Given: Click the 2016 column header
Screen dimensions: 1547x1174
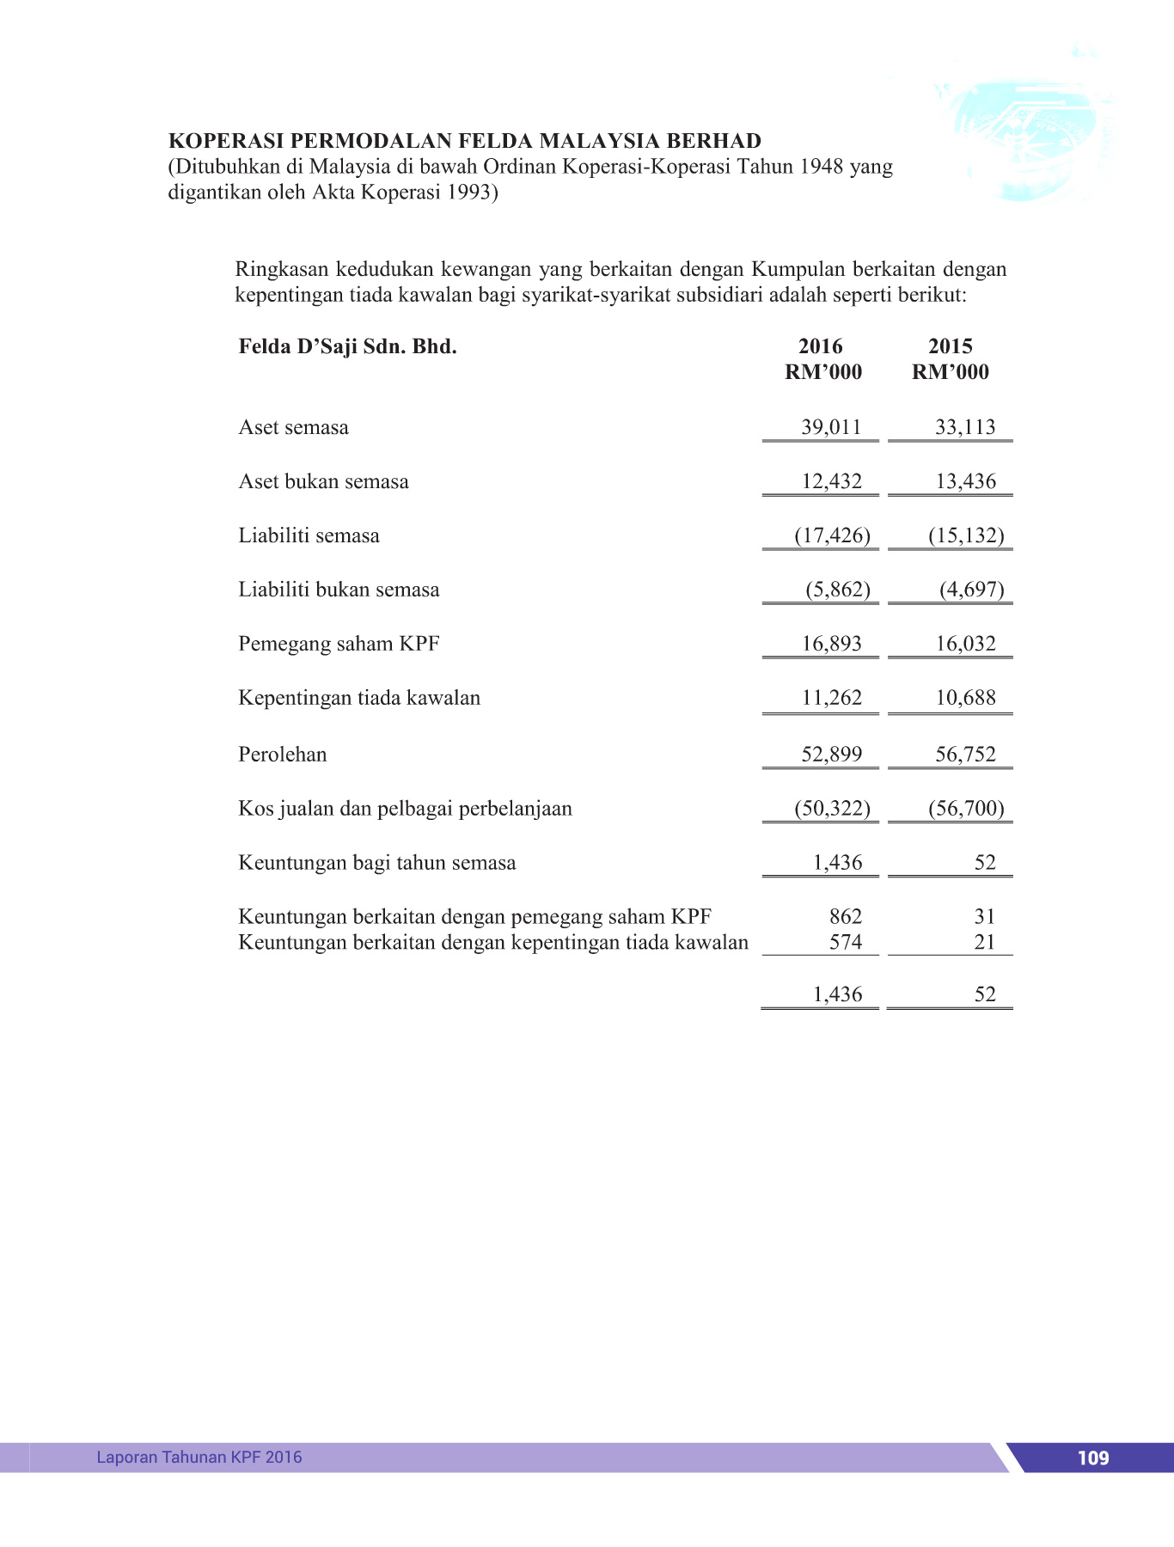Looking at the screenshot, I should (x=821, y=346).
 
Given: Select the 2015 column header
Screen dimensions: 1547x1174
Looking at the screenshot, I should (x=950, y=346).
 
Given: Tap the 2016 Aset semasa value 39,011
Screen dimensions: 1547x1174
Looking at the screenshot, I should (x=831, y=427).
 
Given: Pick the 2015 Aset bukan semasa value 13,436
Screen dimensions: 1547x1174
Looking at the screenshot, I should (x=965, y=481).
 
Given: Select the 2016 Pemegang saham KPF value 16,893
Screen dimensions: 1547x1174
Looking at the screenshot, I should (x=831, y=644).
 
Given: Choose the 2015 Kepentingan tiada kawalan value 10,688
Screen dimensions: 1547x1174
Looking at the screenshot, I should (x=965, y=698).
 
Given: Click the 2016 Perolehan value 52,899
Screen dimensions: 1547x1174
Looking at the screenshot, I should (x=831, y=755).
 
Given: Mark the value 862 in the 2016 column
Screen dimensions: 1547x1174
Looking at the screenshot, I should (x=845, y=917).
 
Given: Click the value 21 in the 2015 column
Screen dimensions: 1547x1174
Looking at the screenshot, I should (x=985, y=943).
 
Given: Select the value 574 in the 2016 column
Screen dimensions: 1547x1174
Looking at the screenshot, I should (x=845, y=943).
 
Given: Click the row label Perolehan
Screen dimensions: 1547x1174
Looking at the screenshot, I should (x=283, y=755).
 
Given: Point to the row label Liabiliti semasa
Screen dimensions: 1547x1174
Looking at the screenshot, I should (x=309, y=535).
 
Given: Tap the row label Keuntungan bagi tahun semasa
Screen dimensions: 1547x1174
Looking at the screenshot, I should (x=376, y=863).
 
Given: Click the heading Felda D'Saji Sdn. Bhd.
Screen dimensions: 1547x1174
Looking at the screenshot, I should (x=347, y=347).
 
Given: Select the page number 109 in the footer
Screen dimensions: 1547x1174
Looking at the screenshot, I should (x=1092, y=1458).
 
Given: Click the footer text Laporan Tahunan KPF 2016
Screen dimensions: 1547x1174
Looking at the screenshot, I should (x=199, y=1457).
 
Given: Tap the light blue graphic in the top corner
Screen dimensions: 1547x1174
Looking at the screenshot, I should (x=1027, y=138).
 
